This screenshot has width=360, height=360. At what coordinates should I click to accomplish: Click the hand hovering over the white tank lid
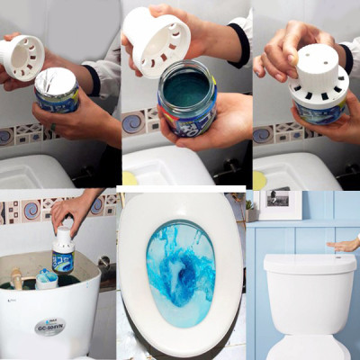point(346,244)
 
